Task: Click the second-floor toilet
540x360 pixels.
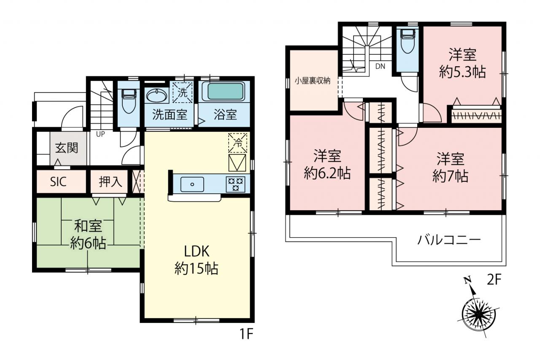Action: click(407, 41)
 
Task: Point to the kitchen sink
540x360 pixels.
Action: click(192, 184)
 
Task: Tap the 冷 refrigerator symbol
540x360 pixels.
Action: click(238, 143)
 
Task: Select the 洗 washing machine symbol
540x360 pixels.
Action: click(183, 93)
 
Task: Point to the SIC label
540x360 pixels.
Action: click(58, 182)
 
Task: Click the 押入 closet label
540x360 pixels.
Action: click(111, 181)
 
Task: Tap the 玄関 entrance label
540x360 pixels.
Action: click(67, 148)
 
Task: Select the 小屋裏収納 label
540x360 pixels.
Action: click(313, 81)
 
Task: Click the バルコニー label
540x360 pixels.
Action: click(449, 240)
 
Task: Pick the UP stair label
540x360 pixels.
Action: click(100, 134)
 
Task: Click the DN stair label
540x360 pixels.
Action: click(381, 66)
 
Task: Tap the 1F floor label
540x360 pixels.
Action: click(246, 334)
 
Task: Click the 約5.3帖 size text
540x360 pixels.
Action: click(462, 72)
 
